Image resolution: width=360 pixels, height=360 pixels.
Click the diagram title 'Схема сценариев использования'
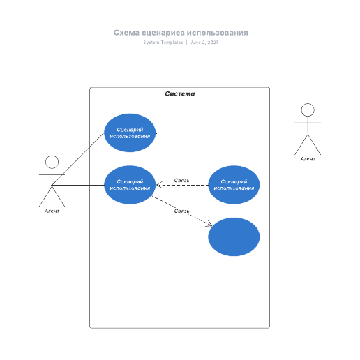[181, 33]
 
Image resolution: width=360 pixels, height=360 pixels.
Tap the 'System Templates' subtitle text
[163, 43]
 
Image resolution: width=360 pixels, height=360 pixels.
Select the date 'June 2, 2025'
[204, 43]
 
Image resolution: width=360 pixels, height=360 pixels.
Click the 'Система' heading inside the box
[180, 94]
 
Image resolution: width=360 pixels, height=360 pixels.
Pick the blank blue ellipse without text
[234, 237]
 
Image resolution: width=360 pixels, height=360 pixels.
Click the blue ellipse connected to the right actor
[130, 133]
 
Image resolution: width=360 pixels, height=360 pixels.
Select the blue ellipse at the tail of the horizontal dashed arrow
[234, 185]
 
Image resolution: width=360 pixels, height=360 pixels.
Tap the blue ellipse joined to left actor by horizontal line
[130, 185]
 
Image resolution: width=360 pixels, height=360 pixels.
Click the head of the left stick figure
[52, 162]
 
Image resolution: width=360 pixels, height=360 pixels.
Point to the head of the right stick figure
[308, 110]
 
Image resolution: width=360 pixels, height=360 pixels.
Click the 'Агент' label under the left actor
[52, 211]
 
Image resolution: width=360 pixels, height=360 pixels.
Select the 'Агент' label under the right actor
[308, 159]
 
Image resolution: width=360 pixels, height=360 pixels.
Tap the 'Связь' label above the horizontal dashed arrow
[181, 180]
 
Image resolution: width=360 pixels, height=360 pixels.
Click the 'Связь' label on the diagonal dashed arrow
[181, 211]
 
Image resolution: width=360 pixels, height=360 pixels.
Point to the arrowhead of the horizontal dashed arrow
[159, 185]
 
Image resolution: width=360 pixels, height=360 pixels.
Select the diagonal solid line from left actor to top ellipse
[78, 159]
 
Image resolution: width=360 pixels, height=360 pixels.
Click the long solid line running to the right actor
[232, 133]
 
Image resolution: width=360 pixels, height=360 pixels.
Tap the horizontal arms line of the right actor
[308, 123]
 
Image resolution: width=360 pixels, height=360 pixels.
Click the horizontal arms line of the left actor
[52, 174]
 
